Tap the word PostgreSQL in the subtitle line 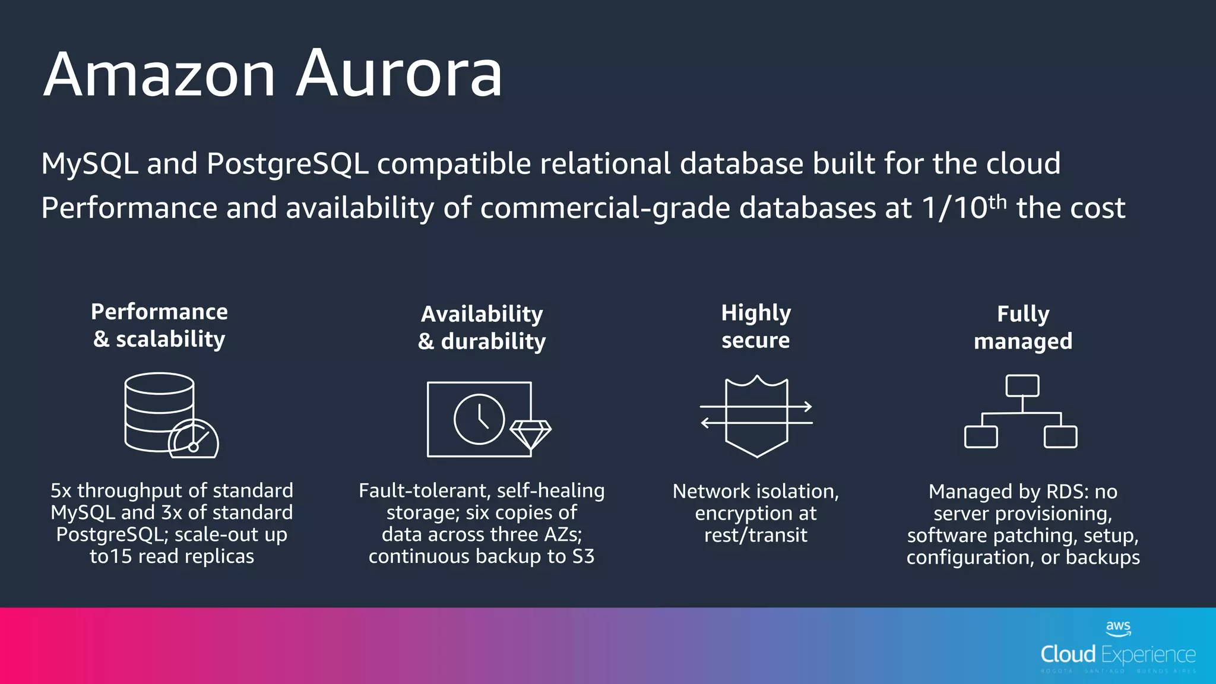point(287,164)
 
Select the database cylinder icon point(159,411)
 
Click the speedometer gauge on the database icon point(194,440)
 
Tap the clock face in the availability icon point(479,419)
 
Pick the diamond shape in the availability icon point(530,434)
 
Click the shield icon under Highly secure point(756,416)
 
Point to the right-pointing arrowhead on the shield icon point(807,407)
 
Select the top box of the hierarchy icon point(1022,386)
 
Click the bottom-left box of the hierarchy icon point(981,437)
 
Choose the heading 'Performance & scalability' point(159,325)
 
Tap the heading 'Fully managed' point(1022,327)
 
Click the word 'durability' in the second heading point(493,341)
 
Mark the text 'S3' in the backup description point(583,556)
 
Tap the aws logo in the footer point(1118,628)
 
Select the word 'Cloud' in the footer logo point(1068,654)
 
